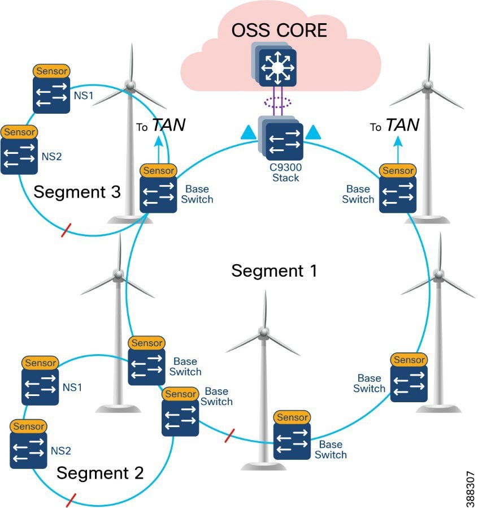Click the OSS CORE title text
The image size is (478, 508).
[x=279, y=30]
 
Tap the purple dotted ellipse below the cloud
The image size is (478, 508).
[x=277, y=102]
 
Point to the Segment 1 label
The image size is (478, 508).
[x=274, y=271]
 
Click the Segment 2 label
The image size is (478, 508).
[x=100, y=472]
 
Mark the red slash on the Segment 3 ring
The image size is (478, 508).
[x=66, y=230]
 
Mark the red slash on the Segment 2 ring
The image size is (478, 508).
[x=71, y=500]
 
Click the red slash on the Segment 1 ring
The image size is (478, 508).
[x=229, y=436]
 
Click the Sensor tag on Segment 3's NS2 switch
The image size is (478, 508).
[x=19, y=132]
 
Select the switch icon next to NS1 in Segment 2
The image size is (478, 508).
[x=40, y=388]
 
